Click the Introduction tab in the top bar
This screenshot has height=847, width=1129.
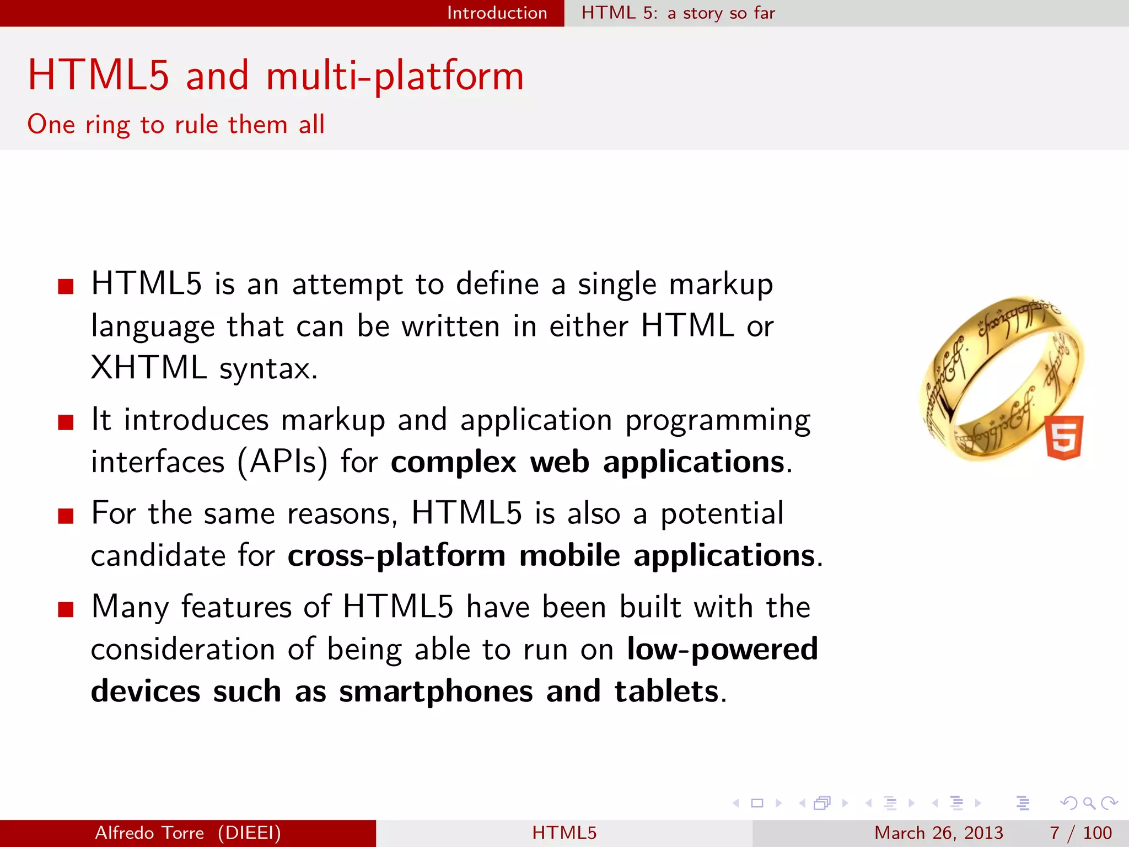click(497, 13)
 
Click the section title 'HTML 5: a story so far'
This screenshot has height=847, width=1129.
click(678, 13)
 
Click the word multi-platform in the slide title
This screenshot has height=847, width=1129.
click(395, 76)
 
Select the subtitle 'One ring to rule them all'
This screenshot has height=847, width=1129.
click(176, 125)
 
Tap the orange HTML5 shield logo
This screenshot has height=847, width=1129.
click(1064, 437)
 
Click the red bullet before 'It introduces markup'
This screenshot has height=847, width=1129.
click(66, 422)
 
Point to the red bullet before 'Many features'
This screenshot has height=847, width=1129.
click(66, 609)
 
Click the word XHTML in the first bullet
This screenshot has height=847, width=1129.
click(148, 367)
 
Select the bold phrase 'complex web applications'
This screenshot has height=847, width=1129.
click(588, 462)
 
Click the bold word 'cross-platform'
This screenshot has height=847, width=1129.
click(396, 556)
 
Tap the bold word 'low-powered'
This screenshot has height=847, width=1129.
click(722, 649)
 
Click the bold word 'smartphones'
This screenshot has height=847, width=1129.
click(436, 691)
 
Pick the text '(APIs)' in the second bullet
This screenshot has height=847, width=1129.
click(282, 462)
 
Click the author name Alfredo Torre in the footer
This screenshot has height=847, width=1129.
click(149, 833)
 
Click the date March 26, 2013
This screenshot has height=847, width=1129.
click(938, 833)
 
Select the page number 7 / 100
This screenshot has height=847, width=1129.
click(1080, 833)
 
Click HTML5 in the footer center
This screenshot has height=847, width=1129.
click(564, 833)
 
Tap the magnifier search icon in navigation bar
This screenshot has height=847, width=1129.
click(1089, 803)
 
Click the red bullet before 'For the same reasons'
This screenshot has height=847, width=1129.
click(66, 516)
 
